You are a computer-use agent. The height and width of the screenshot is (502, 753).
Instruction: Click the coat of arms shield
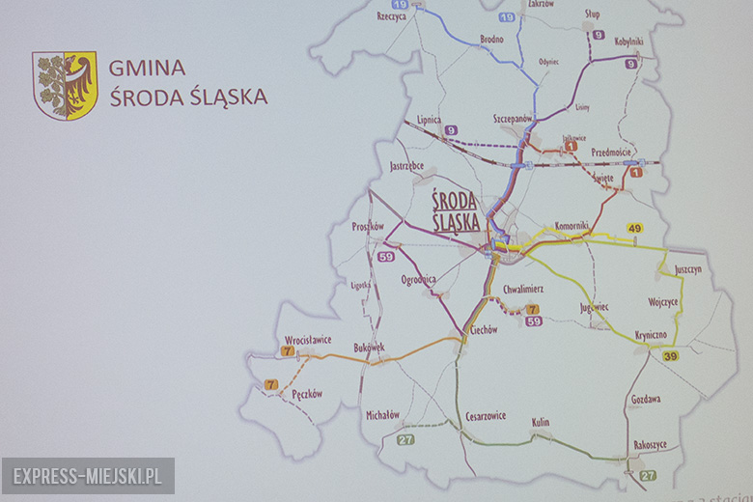pos(65,85)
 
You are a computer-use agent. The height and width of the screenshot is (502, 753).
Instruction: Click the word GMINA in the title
pos(147,68)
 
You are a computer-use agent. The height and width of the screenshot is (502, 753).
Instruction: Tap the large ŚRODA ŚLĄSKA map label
pos(455,210)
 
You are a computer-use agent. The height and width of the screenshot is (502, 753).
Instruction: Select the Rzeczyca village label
pos(391,16)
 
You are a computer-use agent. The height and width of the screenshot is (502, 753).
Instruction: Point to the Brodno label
pos(491,40)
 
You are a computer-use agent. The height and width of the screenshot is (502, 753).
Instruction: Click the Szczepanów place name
pos(513,118)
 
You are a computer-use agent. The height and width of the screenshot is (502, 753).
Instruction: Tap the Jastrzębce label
pos(406,166)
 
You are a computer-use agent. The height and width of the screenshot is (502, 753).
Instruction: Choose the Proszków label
pos(368,226)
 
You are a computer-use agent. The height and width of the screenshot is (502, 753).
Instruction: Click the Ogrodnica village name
pos(419,279)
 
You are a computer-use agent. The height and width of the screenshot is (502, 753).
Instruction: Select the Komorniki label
pos(572,225)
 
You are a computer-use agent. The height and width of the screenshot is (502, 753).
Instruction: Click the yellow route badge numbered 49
pos(634,229)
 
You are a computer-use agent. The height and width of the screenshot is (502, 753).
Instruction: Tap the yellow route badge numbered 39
pos(670,356)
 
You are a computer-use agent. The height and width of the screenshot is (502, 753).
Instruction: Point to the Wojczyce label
pos(663,302)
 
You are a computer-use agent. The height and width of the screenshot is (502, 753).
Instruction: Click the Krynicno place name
pos(651,335)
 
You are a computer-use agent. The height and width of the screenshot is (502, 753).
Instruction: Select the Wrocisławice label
pos(308,340)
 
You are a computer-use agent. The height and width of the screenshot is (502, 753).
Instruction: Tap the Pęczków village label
pos(306,394)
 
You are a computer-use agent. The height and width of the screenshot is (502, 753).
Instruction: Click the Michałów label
pos(382,415)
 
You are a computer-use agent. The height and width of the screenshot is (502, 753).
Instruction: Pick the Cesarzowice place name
pos(486,416)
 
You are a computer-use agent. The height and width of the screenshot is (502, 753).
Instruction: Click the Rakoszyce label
pos(651,445)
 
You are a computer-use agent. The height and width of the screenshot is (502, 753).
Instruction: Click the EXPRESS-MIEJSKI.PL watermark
pos(88,477)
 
